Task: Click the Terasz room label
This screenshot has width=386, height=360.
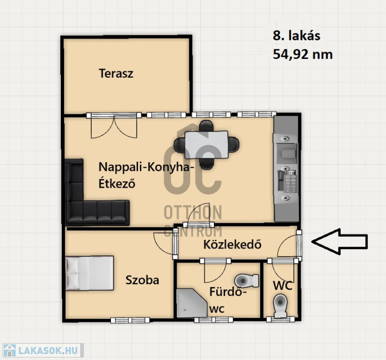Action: [116, 73]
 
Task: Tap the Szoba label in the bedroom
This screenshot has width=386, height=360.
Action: [142, 280]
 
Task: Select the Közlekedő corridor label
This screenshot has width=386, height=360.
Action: [233, 244]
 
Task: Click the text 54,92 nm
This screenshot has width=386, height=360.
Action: [303, 55]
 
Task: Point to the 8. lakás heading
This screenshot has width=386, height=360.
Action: [296, 36]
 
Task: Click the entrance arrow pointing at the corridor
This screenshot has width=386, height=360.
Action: [340, 242]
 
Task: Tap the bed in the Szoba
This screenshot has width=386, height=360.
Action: [90, 273]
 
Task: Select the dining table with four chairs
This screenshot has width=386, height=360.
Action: [207, 145]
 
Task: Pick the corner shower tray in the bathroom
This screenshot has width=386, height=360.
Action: [192, 303]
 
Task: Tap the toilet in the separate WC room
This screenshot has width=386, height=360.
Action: [280, 305]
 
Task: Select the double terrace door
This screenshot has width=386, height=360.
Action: [114, 126]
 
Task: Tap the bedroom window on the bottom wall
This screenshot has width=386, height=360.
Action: [130, 320]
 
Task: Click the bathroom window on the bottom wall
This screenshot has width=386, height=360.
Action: [213, 320]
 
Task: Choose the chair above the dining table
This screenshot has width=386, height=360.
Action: [207, 126]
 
